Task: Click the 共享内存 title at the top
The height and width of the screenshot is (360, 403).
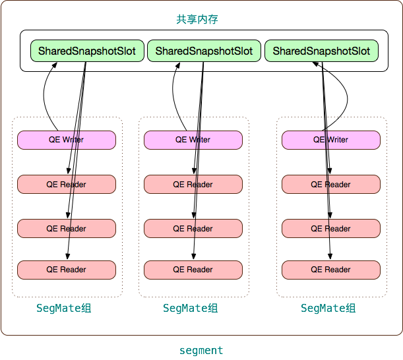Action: [197, 20]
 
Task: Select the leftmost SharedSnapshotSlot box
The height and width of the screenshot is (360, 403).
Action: [87, 51]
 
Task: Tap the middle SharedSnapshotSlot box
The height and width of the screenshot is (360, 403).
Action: [204, 51]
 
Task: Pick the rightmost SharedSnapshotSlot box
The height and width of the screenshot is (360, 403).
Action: [321, 51]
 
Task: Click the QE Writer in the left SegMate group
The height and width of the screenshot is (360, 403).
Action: [67, 140]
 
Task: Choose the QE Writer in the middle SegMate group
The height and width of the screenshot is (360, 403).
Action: [193, 140]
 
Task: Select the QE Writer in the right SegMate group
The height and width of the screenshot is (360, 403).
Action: [331, 140]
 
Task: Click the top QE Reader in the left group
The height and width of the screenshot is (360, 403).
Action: [67, 185]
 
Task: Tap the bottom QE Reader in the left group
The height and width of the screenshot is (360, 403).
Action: [67, 270]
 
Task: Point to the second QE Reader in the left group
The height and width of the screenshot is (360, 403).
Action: [67, 229]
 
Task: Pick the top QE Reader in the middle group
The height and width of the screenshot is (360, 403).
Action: [193, 185]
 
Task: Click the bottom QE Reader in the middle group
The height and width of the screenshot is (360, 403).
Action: [193, 270]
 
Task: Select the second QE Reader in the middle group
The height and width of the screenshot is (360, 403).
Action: [193, 229]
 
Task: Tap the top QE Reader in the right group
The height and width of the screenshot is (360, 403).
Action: [331, 185]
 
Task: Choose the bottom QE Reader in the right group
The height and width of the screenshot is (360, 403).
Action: [331, 270]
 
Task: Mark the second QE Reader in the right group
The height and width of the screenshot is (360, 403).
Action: [331, 229]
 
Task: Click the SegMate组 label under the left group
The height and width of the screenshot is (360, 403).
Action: [64, 309]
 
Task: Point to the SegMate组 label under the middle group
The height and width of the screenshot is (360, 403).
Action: [191, 309]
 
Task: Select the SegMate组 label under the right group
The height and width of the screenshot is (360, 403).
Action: [328, 309]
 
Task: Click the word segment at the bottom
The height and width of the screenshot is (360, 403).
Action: [201, 351]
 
